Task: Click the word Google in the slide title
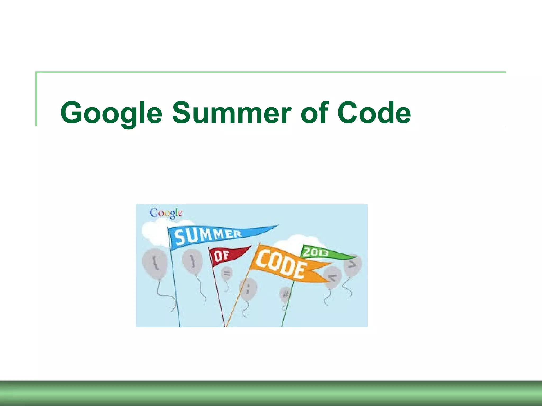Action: click(x=111, y=113)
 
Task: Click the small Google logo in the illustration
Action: click(x=166, y=213)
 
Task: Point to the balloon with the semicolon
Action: click(x=248, y=289)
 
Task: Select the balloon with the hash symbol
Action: click(x=285, y=294)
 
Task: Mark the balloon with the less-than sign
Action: click(x=333, y=278)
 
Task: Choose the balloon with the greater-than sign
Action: click(x=352, y=265)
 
